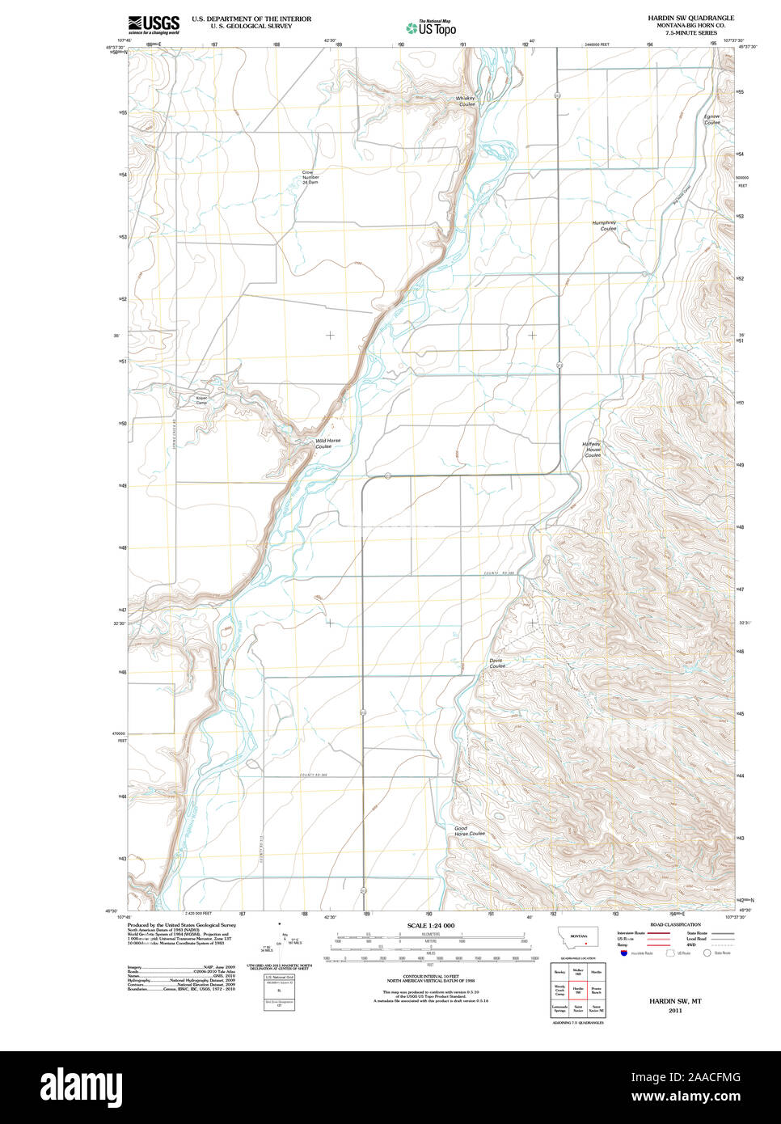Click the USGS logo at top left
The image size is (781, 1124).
[153, 24]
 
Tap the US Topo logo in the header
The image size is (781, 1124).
[431, 28]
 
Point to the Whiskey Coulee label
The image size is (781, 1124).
[466, 101]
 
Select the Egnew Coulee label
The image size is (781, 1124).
[711, 119]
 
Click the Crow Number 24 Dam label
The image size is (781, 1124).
[310, 177]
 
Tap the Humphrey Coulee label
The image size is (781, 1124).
[605, 226]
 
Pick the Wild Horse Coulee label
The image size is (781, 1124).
[327, 443]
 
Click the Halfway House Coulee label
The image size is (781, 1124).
[593, 450]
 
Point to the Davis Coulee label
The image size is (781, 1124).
[496, 663]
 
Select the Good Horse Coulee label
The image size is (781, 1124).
[469, 830]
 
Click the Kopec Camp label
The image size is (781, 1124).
[201, 399]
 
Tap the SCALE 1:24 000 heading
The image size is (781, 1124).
[431, 925]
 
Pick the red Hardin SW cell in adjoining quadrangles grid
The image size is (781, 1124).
[578, 990]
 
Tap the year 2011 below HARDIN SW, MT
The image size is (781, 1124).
[674, 1010]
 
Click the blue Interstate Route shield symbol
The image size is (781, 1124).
[623, 953]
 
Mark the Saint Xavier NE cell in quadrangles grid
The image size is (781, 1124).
[597, 1009]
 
